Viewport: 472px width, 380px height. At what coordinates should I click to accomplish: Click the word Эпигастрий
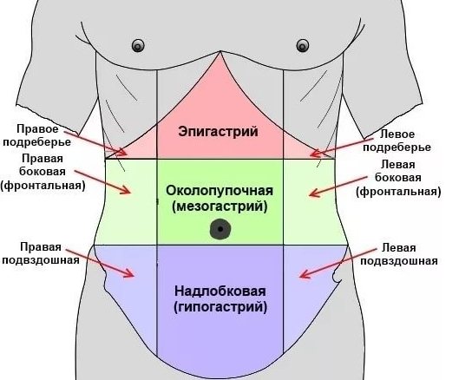point(218,132)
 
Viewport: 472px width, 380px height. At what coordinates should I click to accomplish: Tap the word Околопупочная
point(220,191)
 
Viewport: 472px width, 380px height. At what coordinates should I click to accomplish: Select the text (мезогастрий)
point(220,206)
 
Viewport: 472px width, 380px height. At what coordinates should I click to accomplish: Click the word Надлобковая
point(220,292)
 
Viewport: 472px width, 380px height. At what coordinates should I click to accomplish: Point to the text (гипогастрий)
point(220,307)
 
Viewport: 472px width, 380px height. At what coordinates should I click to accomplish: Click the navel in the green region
point(220,229)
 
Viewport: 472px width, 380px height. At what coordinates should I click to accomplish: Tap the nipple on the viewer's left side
point(138,46)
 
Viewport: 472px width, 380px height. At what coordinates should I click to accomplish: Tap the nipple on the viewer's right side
point(303,46)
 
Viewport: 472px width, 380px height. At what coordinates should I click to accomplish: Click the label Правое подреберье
point(36,135)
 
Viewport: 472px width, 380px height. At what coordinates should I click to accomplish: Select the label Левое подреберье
point(397,141)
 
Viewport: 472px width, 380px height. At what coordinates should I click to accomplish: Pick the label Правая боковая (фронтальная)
point(43,172)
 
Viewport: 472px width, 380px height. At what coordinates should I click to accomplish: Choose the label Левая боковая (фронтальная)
point(398,178)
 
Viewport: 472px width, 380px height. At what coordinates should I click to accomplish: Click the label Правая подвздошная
point(41,253)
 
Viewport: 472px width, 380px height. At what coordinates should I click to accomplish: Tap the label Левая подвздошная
point(399,254)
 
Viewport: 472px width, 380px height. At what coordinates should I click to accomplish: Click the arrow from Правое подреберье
point(95,143)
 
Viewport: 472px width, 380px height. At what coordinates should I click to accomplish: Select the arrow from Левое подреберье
point(342,147)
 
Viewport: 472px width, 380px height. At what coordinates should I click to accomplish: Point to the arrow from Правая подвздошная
point(100,263)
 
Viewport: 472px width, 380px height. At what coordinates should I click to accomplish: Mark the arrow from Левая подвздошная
point(338,263)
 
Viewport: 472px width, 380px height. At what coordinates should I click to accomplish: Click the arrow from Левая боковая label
point(338,187)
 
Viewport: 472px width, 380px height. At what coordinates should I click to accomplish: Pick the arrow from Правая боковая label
point(102,182)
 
